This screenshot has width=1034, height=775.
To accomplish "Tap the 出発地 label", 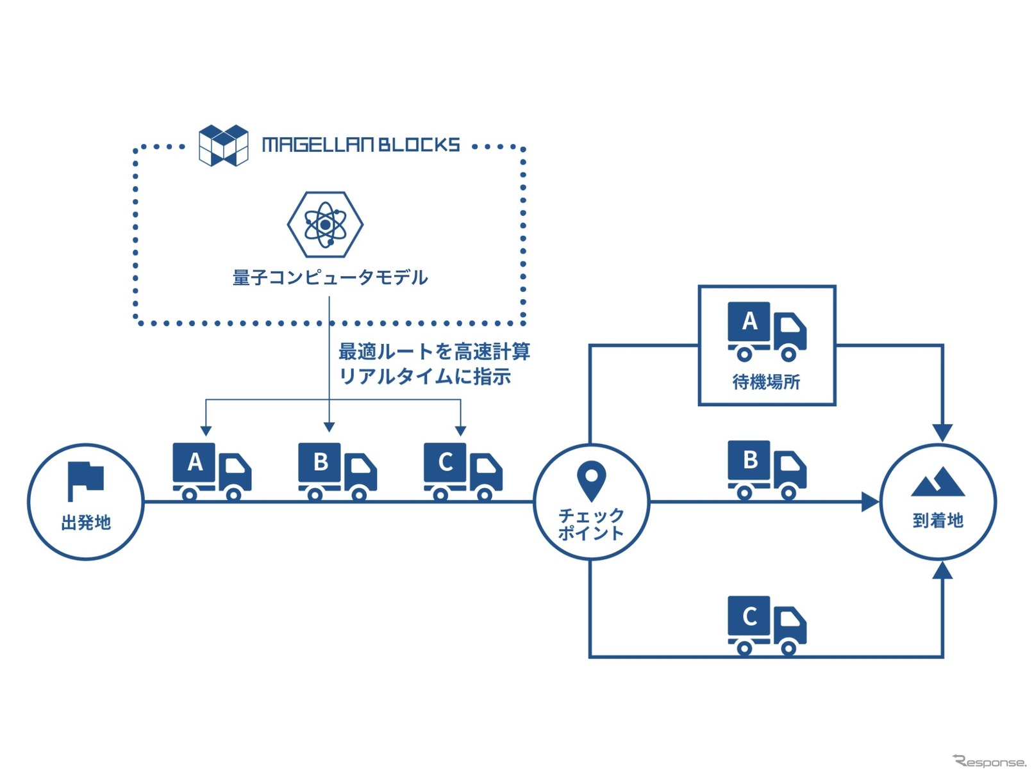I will [x=86, y=523].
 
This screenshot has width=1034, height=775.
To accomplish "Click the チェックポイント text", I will [x=591, y=524].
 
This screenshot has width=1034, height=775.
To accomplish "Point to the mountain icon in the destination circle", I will [x=937, y=482].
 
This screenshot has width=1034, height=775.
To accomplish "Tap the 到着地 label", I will [x=938, y=520].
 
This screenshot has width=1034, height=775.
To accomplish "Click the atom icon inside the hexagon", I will [x=325, y=225].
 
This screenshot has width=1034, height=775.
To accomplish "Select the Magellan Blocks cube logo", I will [x=223, y=145].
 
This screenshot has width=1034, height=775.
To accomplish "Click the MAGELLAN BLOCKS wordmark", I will [x=361, y=145].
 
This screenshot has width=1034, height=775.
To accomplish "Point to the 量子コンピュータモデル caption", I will [x=330, y=277].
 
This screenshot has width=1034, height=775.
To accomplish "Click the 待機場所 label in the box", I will [x=766, y=382].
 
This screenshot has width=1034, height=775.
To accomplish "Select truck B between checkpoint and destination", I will [x=767, y=469].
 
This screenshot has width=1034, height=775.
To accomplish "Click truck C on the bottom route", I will [x=767, y=625].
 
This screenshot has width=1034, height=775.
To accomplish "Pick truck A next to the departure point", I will [x=212, y=471].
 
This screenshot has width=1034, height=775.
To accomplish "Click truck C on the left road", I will [x=463, y=471].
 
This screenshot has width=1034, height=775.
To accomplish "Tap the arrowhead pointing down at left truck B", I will [x=329, y=427].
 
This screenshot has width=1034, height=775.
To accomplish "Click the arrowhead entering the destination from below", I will [x=942, y=569].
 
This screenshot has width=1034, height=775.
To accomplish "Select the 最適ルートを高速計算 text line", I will [x=434, y=351].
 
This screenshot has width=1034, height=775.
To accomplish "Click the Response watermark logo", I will [x=989, y=762].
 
